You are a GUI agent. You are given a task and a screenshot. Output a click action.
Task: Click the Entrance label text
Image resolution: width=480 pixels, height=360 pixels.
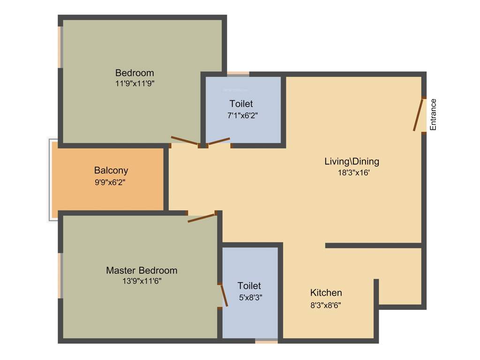pos(434,114)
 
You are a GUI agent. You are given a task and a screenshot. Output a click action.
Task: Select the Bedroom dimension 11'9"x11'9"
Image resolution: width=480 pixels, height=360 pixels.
pos(135,83)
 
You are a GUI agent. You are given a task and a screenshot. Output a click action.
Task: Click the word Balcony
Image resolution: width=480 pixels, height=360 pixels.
pos(111,171)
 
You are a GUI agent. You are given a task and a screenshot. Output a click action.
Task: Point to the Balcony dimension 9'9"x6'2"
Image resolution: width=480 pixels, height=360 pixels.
pos(110,181)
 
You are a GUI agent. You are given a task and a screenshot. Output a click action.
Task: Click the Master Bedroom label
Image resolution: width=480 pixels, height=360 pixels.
pos(142,270)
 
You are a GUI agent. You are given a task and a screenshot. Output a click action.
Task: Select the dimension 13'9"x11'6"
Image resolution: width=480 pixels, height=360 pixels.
pos(142,281)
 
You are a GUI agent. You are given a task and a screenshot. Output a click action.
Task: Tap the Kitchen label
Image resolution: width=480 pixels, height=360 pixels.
pos(326,293)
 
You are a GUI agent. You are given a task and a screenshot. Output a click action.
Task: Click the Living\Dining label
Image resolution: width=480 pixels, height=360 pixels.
pos(352,162)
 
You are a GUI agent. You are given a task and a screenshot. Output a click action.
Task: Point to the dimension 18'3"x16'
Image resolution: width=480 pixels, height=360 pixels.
pos(352,172)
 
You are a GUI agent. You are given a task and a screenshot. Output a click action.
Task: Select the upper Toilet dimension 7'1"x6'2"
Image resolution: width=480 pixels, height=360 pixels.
pos(241,114)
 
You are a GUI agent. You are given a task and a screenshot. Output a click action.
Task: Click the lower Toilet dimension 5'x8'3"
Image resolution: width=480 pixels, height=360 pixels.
pos(249,297)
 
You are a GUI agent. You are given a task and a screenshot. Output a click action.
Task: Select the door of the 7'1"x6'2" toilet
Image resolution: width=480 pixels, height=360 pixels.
pos(219,141)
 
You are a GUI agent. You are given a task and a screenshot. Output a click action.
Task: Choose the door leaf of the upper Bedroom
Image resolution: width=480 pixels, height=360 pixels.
pos(185,140)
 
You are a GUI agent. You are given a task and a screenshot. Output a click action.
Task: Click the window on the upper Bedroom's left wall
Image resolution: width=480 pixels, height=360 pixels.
pos(60,47)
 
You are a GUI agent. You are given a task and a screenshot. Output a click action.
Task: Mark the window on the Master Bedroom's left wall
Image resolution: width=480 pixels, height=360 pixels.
pos(60,276)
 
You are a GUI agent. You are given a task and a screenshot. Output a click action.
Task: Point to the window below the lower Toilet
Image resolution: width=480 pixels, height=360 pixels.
pos(266,341)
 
